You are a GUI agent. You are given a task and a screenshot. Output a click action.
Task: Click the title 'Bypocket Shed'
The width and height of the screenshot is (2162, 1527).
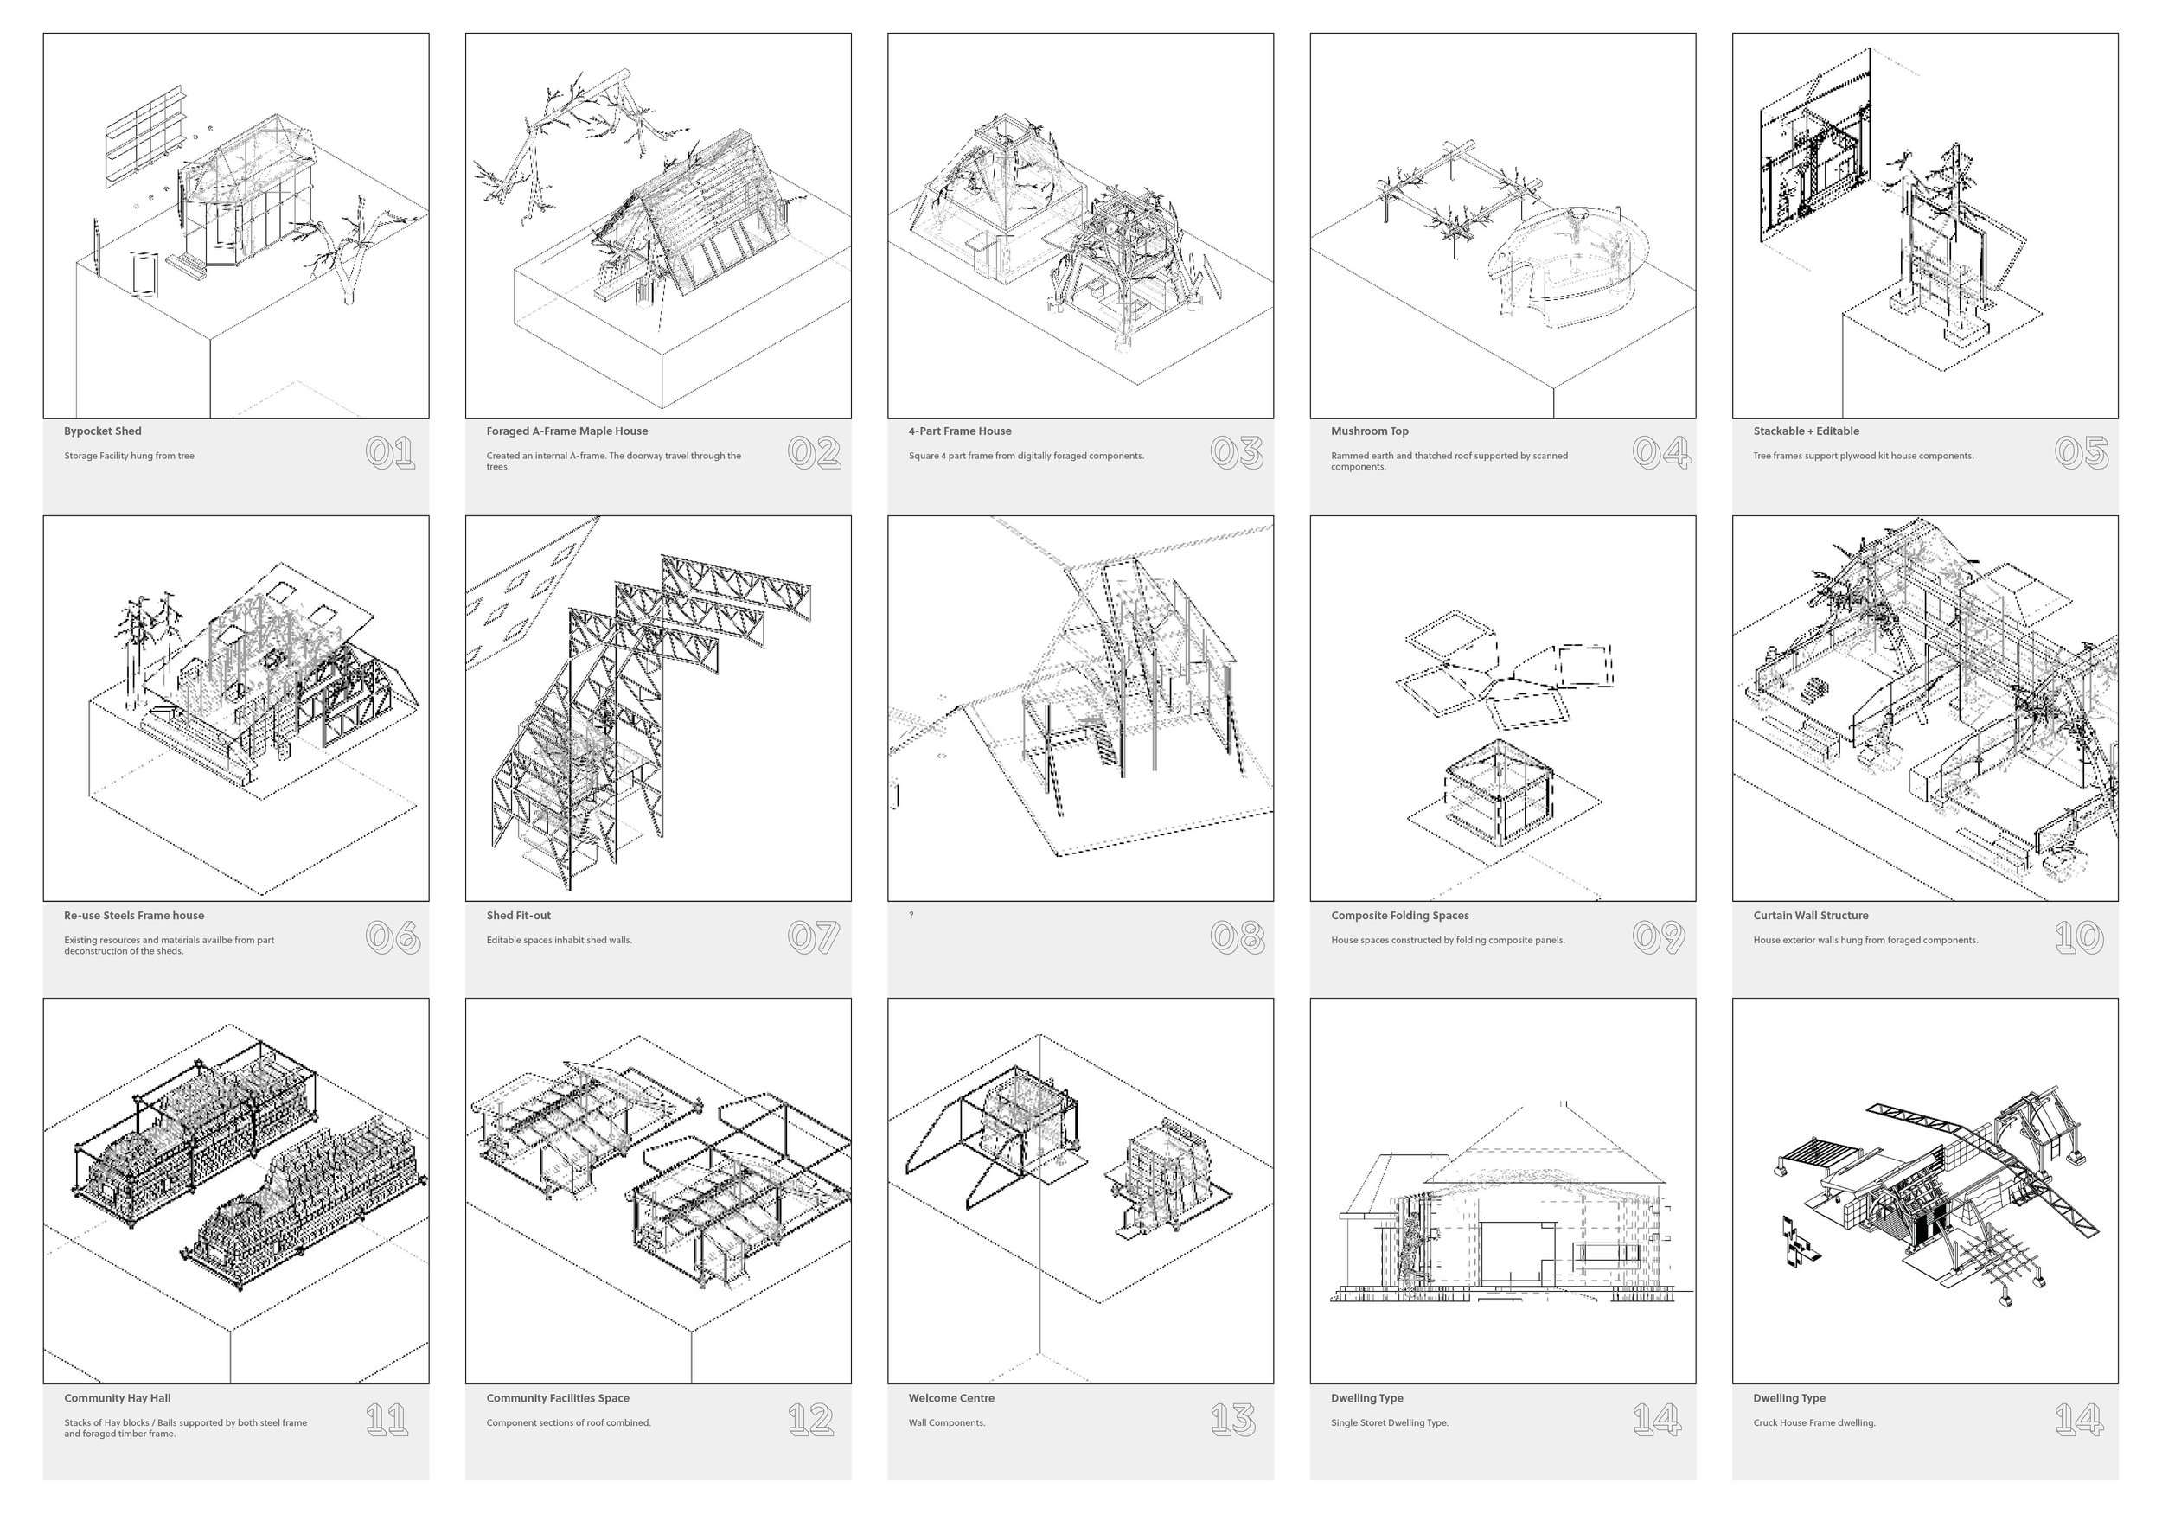(x=103, y=431)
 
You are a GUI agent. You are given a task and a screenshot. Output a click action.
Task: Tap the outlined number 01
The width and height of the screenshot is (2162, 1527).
(x=390, y=453)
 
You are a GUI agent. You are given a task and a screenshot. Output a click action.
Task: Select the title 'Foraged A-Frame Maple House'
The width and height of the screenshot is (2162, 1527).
(x=566, y=431)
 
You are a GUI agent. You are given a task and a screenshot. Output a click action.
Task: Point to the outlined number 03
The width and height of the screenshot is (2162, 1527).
(x=1236, y=453)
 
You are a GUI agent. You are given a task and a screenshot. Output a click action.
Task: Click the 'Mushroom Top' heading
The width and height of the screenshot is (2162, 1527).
(x=1369, y=431)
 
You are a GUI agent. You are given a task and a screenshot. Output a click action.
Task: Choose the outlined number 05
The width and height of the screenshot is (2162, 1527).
(x=2081, y=453)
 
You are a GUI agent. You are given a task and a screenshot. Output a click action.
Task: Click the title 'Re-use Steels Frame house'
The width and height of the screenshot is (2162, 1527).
(x=134, y=915)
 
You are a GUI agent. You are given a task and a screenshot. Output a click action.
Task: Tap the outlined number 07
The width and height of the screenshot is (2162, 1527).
(x=813, y=936)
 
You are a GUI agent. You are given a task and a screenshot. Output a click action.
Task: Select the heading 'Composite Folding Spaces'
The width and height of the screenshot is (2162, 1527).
(x=1399, y=915)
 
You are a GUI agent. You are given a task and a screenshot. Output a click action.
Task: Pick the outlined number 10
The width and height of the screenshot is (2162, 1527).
(x=2079, y=936)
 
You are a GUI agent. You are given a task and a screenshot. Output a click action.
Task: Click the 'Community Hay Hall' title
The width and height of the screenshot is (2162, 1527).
(x=117, y=1398)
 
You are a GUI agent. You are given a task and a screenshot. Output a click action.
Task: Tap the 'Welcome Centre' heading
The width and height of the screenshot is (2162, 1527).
(x=951, y=1398)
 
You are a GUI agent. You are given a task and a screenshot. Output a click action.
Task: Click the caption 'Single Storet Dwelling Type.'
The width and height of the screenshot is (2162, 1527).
(x=1389, y=1422)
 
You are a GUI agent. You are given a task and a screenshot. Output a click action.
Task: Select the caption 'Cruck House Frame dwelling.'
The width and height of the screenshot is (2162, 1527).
(x=1813, y=1422)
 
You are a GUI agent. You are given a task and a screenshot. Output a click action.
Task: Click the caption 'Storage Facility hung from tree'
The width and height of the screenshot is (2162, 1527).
(x=129, y=456)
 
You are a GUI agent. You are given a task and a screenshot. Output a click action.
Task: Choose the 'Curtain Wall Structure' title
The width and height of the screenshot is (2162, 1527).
(x=1810, y=915)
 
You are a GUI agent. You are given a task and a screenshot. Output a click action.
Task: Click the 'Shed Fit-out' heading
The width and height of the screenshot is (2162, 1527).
(x=518, y=915)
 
